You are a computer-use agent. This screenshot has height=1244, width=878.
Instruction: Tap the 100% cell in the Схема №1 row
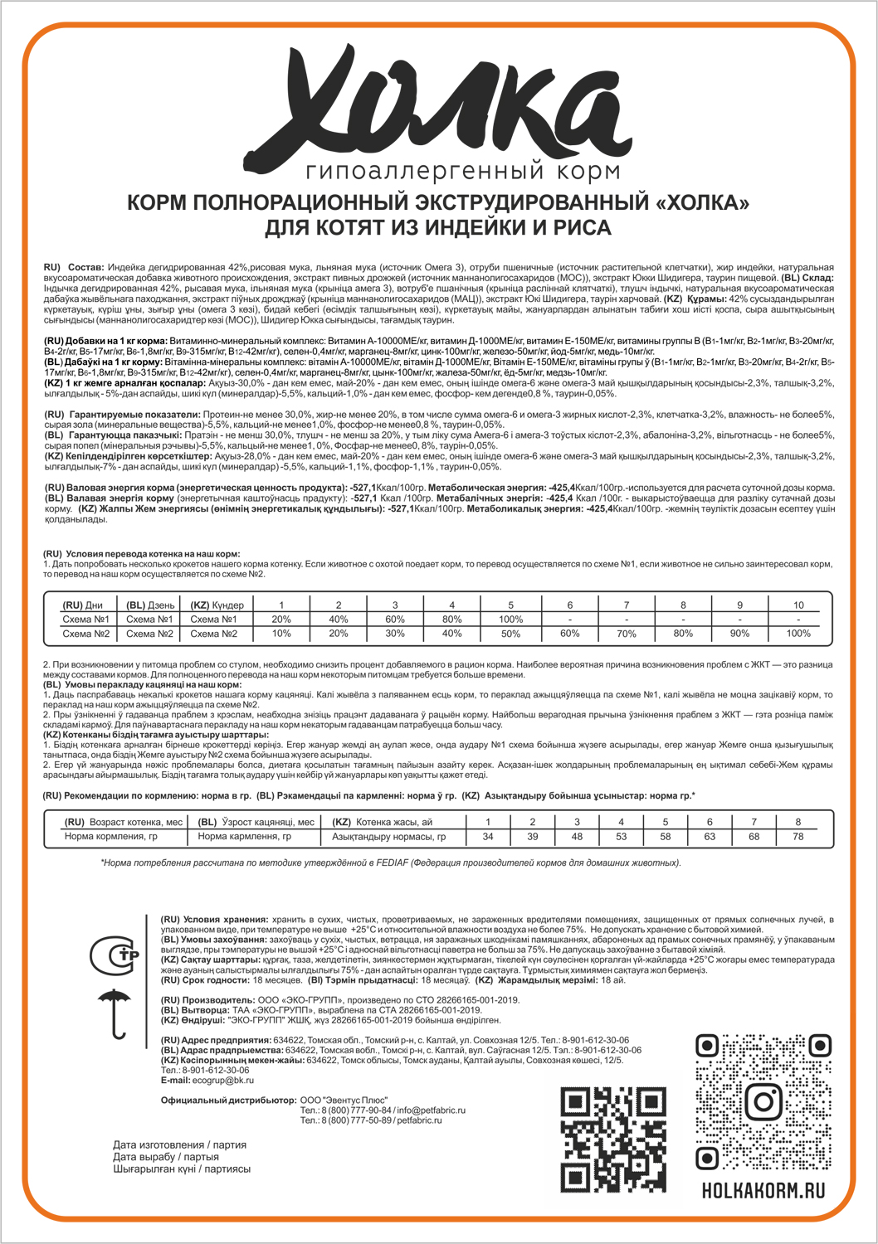point(510,619)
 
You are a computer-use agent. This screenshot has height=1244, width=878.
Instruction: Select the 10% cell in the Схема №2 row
point(281,634)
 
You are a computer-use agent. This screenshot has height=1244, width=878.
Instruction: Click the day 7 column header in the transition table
point(627,605)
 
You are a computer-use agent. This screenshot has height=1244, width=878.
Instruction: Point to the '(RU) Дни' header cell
point(83,605)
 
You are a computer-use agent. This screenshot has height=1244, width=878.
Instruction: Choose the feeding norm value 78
point(798,837)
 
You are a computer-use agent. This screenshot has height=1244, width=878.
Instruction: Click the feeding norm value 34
point(488,837)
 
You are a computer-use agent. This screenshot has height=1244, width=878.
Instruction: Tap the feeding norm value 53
point(621,837)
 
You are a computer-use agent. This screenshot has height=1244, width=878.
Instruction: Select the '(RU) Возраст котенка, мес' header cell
point(123,822)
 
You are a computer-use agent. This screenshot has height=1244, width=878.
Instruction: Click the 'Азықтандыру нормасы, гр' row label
point(388,837)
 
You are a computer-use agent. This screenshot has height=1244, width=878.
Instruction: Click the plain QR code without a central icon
point(602,1140)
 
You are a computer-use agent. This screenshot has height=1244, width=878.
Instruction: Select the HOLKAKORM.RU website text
point(760,1189)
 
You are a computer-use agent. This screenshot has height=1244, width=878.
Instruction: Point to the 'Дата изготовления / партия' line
point(180,1144)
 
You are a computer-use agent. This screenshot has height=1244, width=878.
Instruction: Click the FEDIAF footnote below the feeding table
point(390,863)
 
